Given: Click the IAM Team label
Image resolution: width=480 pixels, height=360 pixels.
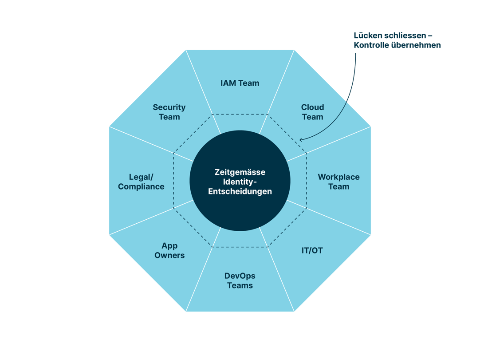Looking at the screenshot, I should point(240,83).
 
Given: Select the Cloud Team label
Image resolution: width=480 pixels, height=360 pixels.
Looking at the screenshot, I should point(312,112).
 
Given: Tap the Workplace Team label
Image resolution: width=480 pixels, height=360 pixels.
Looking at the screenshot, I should point(338,182).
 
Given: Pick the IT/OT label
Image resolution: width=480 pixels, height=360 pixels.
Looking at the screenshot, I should point(312,251).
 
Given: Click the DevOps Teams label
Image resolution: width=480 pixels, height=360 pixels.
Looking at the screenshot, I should point(240,281).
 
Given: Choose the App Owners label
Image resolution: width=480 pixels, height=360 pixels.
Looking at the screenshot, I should point(169,250).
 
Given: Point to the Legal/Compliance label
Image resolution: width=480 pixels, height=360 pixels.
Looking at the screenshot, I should point(141,182).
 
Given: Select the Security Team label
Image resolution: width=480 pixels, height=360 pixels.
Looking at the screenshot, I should point(169,112).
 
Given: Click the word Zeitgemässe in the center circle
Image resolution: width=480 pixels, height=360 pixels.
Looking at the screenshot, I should point(240,172).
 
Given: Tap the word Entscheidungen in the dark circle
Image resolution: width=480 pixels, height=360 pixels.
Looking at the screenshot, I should point(240,191).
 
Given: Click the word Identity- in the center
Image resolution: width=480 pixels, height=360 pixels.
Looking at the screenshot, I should point(240,182).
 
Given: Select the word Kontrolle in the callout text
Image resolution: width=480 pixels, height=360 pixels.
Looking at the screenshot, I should point(370,45).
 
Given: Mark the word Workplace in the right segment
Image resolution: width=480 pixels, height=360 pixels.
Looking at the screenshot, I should point(338,177).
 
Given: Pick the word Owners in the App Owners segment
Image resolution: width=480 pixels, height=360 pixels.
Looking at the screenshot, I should point(169,255).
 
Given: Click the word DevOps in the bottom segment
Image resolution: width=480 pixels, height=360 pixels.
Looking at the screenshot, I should point(240,276).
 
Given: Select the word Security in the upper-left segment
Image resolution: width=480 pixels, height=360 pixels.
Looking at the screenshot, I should point(169,107).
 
